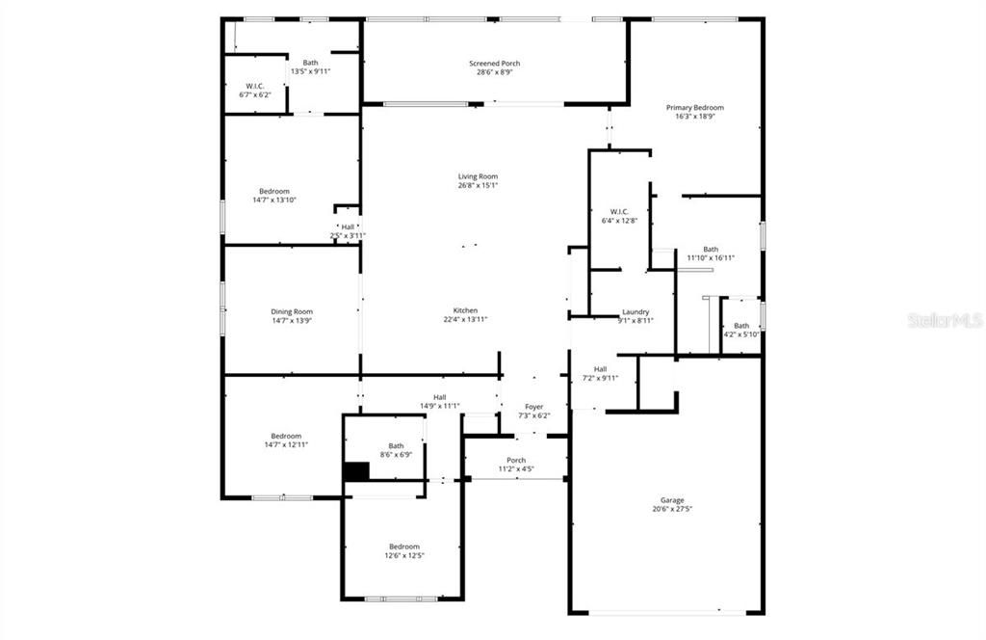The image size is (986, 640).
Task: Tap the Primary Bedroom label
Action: click(694, 108)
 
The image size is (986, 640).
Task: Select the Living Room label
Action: click(478, 176)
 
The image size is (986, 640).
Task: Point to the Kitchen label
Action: click(466, 310)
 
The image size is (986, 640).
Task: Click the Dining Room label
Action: click(291, 311)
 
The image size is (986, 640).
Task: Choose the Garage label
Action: click(672, 500)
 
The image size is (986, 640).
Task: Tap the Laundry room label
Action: click(636, 311)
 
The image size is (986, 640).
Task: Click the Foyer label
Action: click(533, 407)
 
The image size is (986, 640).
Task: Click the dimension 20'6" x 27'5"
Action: click(672, 510)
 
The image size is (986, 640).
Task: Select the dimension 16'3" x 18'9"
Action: click(694, 117)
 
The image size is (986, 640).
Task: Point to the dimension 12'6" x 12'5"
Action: click(404, 556)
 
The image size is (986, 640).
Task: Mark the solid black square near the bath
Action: click(356, 471)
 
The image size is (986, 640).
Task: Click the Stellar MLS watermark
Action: click(945, 319)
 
